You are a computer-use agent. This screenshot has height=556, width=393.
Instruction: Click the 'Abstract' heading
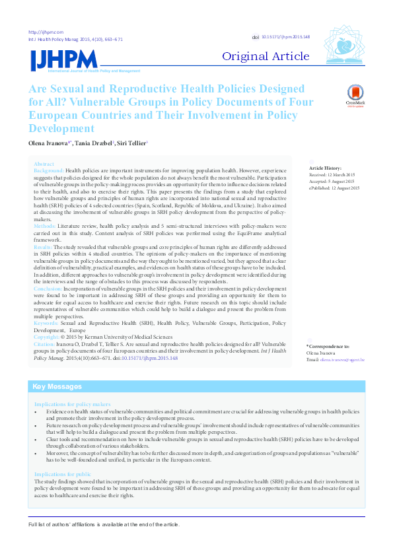click(x=44, y=164)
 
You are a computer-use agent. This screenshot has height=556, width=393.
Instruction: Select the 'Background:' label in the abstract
click(x=48, y=170)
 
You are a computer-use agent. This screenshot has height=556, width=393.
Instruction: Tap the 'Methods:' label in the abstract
click(x=45, y=225)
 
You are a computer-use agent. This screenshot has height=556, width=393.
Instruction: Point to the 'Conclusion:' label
click(x=48, y=289)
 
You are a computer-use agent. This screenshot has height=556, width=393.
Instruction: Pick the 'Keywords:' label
click(x=46, y=323)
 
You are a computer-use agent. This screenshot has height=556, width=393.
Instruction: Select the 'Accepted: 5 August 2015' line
click(x=332, y=182)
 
